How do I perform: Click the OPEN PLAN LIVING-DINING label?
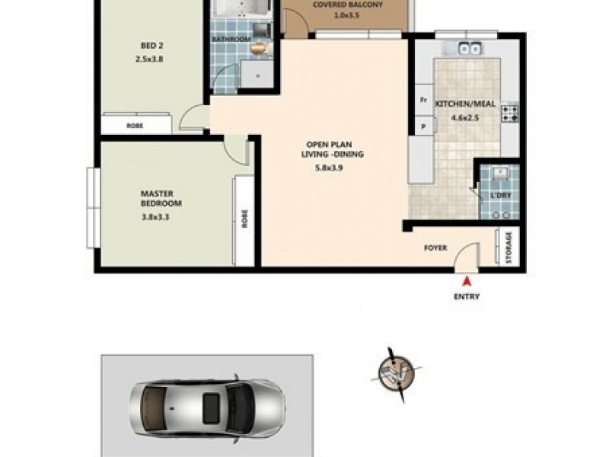tap(335, 149)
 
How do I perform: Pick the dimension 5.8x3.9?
tap(335, 168)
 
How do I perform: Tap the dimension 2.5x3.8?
tap(149, 59)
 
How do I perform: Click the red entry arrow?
tap(466, 283)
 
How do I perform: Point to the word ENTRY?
tap(466, 297)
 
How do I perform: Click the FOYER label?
tap(436, 248)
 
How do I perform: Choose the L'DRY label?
tap(500, 197)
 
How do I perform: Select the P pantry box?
tap(420, 125)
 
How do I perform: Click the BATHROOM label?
tap(231, 40)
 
